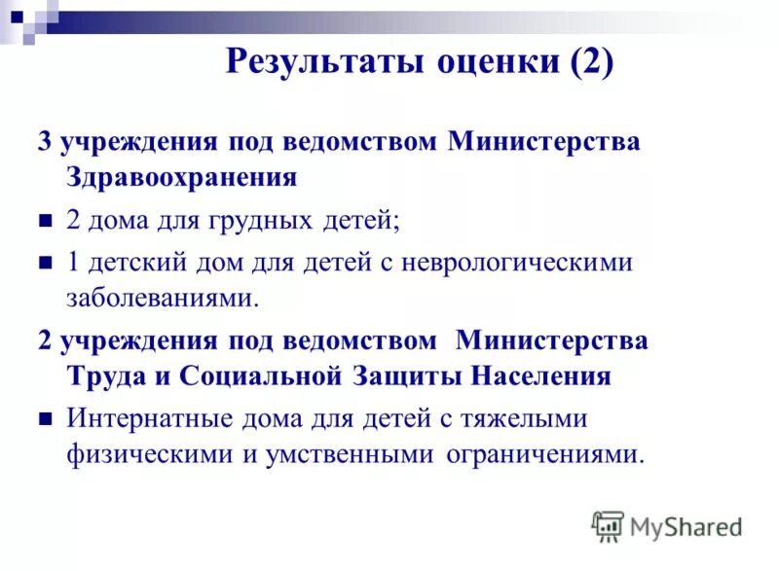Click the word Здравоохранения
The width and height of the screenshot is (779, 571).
click(x=181, y=177)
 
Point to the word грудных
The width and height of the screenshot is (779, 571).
click(x=260, y=220)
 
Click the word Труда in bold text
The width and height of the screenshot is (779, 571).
click(x=100, y=376)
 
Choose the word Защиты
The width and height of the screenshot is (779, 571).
click(x=405, y=376)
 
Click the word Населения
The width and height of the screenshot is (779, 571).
click(x=540, y=376)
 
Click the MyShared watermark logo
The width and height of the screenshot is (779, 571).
click(x=667, y=526)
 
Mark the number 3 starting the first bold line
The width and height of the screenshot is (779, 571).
click(x=44, y=142)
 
